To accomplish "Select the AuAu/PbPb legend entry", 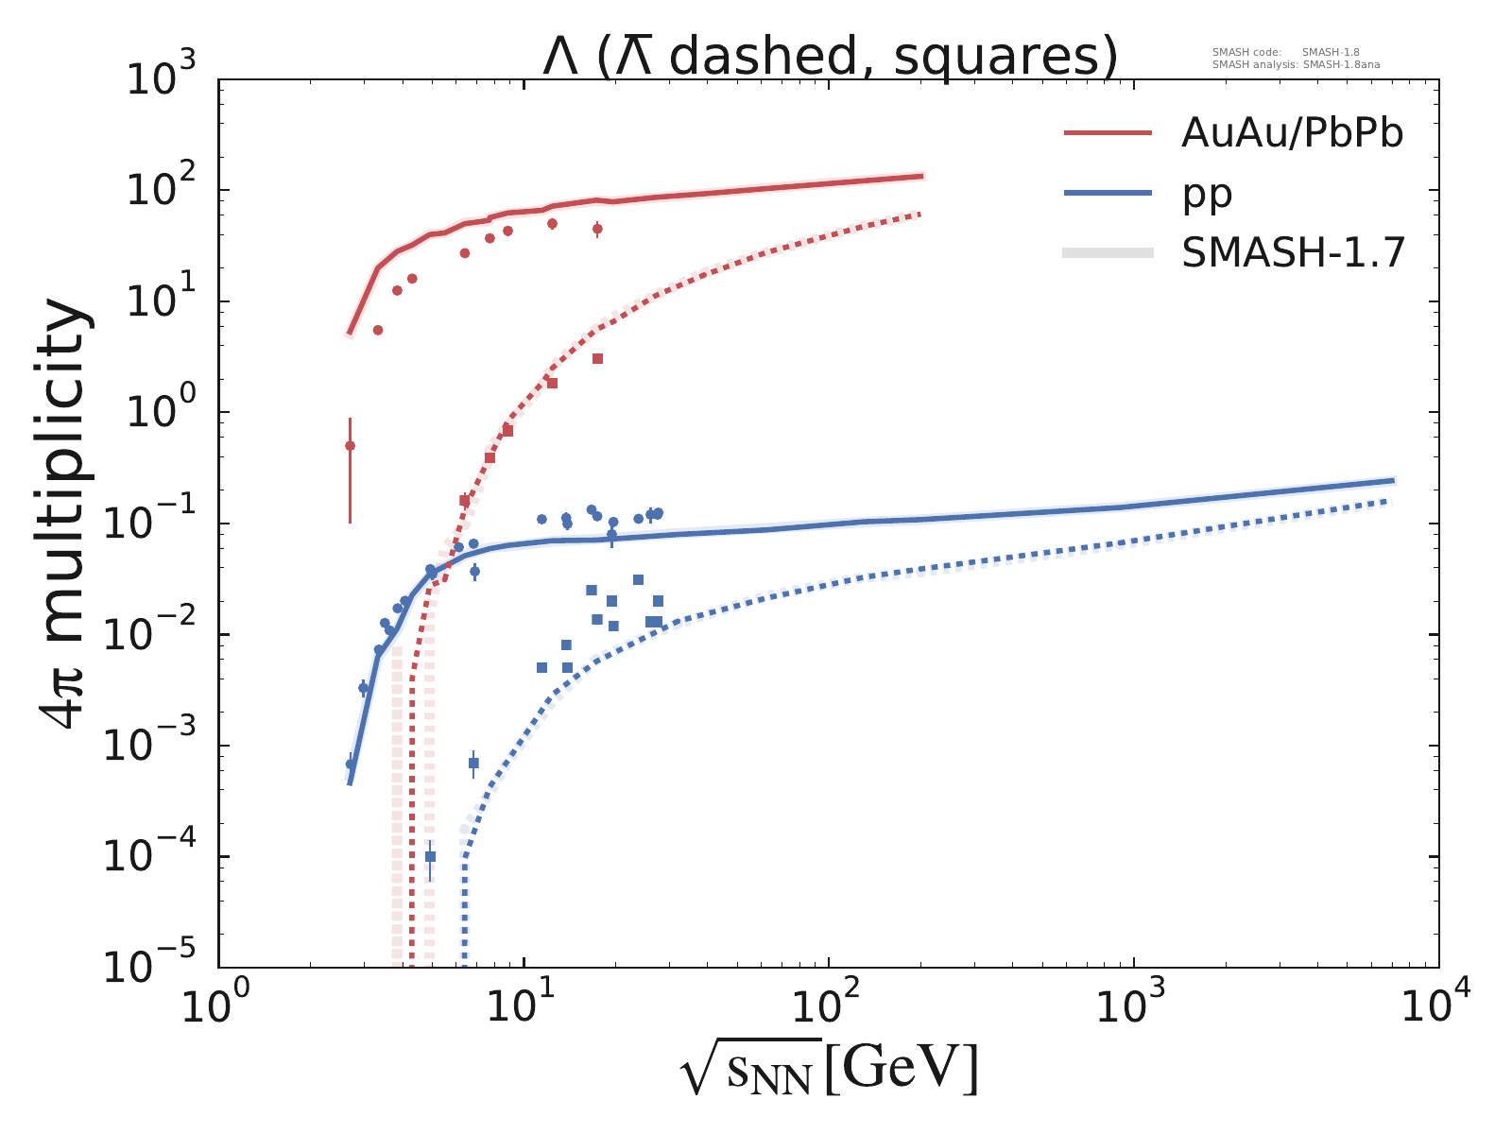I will [1291, 134].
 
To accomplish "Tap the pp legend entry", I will [1207, 194].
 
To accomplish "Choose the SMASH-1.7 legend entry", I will [1293, 252].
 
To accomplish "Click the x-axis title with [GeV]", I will [829, 1070].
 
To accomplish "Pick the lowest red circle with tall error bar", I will [350, 445].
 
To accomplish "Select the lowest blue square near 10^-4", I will [430, 856].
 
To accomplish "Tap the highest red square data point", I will [597, 358].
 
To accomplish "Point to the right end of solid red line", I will [921, 176].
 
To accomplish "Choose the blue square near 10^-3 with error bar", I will [473, 763].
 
